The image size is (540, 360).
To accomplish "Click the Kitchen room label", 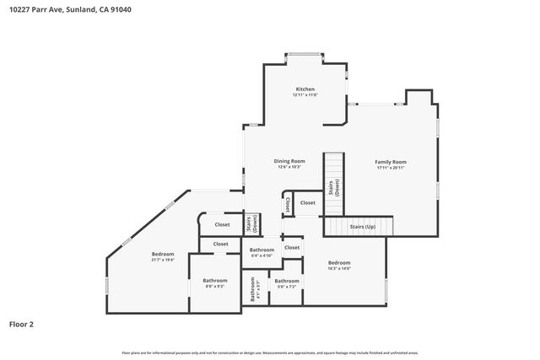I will (305, 89).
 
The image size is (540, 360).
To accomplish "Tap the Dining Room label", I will (289, 160).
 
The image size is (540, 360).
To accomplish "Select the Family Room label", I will (391, 161).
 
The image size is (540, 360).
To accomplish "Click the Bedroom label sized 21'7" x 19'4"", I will (163, 254).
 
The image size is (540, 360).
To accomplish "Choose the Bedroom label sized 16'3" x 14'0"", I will (339, 263).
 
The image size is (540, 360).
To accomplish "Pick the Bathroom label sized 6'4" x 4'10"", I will (262, 250).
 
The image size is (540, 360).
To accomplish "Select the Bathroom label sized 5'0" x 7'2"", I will (287, 281).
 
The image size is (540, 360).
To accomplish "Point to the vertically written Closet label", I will (288, 204).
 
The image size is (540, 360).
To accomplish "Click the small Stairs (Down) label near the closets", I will (251, 224).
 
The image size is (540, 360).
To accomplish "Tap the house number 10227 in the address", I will (20, 10).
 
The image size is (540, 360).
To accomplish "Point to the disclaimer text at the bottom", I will (270, 352).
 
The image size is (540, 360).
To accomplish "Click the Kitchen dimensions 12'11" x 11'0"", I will (305, 94).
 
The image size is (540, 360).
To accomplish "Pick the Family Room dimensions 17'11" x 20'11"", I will (391, 167).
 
